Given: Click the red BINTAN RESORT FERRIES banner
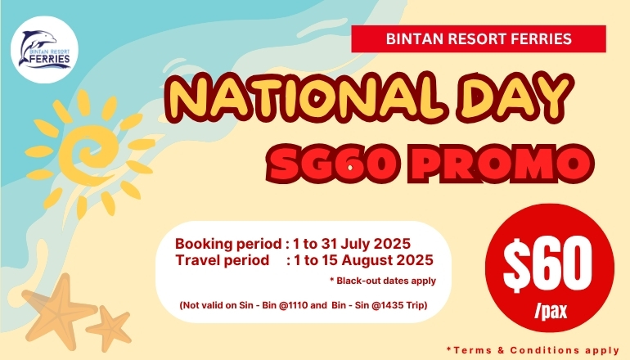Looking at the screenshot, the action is [x=479, y=39].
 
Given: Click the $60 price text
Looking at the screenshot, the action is [x=548, y=265].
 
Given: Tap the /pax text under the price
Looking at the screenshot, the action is [x=551, y=310].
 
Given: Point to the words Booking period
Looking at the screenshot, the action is [x=228, y=244].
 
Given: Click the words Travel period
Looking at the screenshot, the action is [x=223, y=260].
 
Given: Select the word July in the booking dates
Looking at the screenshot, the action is [x=356, y=244].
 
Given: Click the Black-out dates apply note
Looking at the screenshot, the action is [x=383, y=281].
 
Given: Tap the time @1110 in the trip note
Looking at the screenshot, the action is [x=293, y=305].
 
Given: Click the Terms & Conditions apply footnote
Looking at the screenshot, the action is [x=533, y=350].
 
